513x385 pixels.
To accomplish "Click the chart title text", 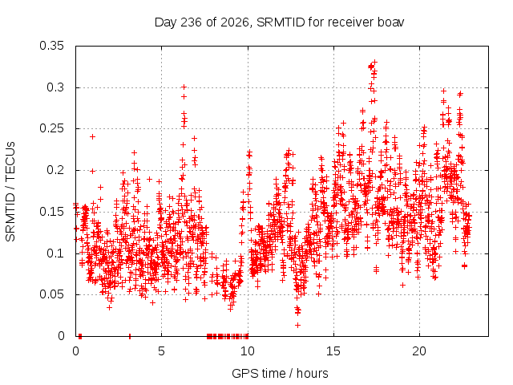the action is click(279, 22).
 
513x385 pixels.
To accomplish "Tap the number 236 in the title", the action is click(191, 22).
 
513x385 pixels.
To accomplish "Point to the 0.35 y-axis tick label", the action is click(51, 46).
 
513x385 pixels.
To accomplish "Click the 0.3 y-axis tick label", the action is click(55, 87).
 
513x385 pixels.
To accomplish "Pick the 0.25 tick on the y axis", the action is click(51, 128).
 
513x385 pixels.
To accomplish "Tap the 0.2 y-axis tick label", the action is click(55, 170).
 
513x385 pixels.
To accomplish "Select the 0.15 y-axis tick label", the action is click(51, 212).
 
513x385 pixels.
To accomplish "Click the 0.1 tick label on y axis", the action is click(55, 253).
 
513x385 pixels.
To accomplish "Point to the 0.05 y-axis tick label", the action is click(51, 294).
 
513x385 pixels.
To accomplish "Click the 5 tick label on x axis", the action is click(162, 351).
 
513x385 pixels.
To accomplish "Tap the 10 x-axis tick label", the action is click(248, 351).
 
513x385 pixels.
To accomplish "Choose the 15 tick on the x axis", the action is click(333, 351).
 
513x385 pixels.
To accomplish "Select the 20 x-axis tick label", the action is click(419, 351).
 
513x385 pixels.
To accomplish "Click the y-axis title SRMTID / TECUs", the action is click(10, 192).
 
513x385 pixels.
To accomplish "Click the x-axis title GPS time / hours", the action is click(280, 373).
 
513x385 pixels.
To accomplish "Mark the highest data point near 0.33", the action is click(375, 62).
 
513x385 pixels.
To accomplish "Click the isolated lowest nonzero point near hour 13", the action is click(297, 325).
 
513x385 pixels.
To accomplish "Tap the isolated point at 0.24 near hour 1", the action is click(93, 136).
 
